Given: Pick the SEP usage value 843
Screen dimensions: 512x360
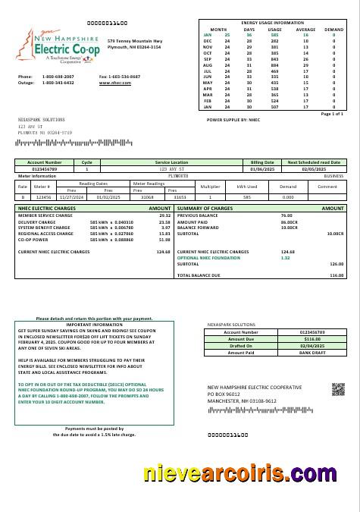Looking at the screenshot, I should [274, 58].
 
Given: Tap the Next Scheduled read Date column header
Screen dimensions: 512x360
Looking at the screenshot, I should [313, 162].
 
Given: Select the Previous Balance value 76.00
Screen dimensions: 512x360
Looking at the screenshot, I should [287, 215].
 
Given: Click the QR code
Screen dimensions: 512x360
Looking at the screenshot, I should [338, 389].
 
